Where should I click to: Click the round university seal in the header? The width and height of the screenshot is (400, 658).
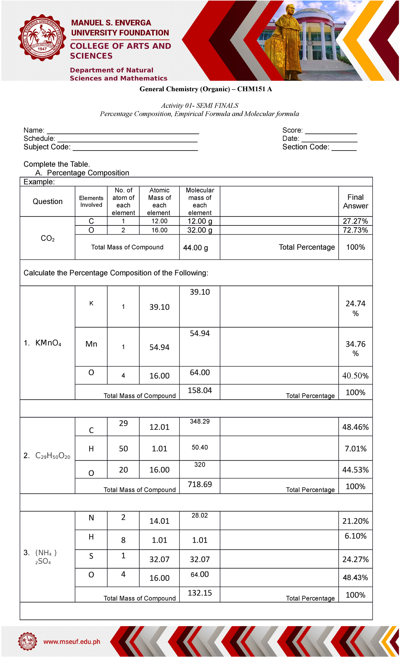point(42,38)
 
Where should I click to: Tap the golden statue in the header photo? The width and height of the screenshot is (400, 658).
point(287,43)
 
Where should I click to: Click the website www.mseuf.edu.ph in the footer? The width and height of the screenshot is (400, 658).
point(72,641)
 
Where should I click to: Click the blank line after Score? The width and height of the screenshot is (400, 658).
point(331,131)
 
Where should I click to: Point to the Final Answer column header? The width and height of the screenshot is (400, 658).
point(355,201)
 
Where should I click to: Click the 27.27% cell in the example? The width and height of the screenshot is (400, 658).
point(355,221)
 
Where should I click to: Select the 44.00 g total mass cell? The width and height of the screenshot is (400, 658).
point(196,248)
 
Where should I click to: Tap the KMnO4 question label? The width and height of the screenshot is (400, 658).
point(48,343)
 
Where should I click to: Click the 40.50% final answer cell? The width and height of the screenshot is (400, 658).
point(355,376)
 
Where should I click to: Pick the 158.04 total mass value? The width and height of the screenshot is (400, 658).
point(200,390)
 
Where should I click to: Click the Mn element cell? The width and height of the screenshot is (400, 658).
point(91,344)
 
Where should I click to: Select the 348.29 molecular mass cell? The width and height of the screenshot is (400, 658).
point(200,422)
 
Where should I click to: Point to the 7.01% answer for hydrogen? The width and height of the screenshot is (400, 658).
point(355,449)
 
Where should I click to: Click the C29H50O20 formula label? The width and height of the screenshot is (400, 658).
point(53,456)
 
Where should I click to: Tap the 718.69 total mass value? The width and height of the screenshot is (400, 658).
point(200,484)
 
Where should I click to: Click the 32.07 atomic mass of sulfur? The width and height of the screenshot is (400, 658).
point(159,559)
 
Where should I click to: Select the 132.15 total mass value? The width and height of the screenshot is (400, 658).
point(200,593)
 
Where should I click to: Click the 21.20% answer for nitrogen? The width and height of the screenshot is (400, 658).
point(355,521)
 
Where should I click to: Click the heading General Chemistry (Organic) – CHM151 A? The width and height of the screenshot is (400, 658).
point(206,89)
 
